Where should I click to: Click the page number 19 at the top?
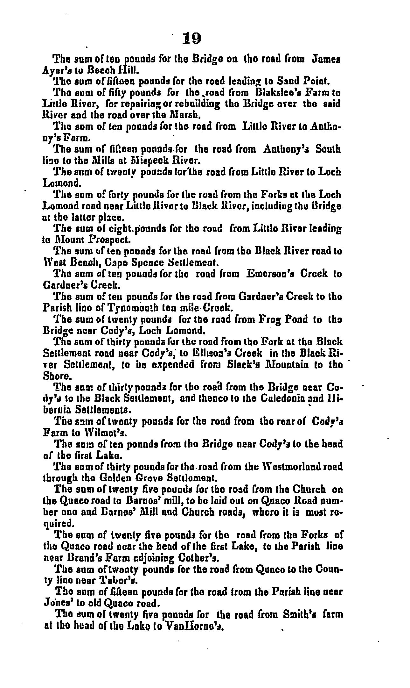coord(192,38)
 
